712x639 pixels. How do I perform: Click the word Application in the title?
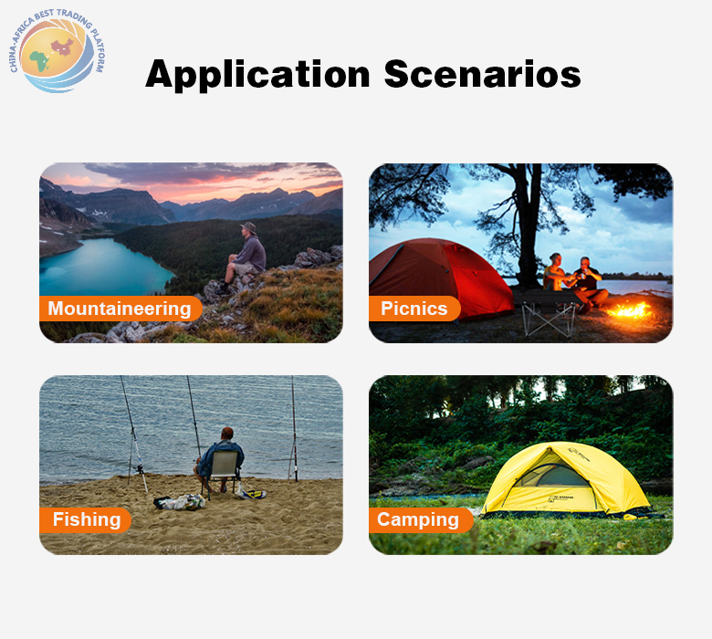(257, 75)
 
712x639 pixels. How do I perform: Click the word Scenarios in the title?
(482, 74)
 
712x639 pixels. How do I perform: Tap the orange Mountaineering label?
(120, 309)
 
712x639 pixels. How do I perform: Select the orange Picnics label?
(414, 309)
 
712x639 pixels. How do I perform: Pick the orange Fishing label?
(86, 519)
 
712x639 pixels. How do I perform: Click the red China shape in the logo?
(63, 47)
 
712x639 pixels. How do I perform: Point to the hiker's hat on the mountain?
(248, 226)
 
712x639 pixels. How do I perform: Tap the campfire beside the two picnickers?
(631, 309)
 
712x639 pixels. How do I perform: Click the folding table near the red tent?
(548, 312)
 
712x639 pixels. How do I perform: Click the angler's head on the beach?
(227, 434)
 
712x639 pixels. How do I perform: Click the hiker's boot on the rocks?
(223, 289)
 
